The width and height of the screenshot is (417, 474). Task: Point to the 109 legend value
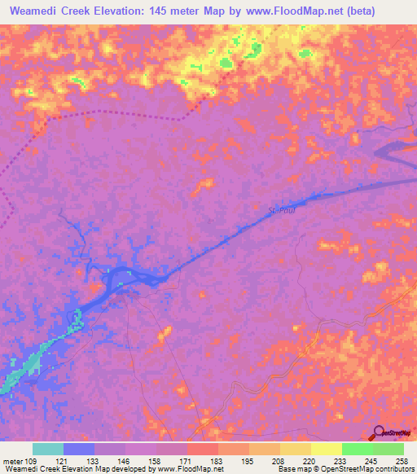[x=30, y=462]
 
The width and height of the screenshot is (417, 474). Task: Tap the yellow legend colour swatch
[x=326, y=449]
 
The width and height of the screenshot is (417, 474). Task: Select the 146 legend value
[x=124, y=462]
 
